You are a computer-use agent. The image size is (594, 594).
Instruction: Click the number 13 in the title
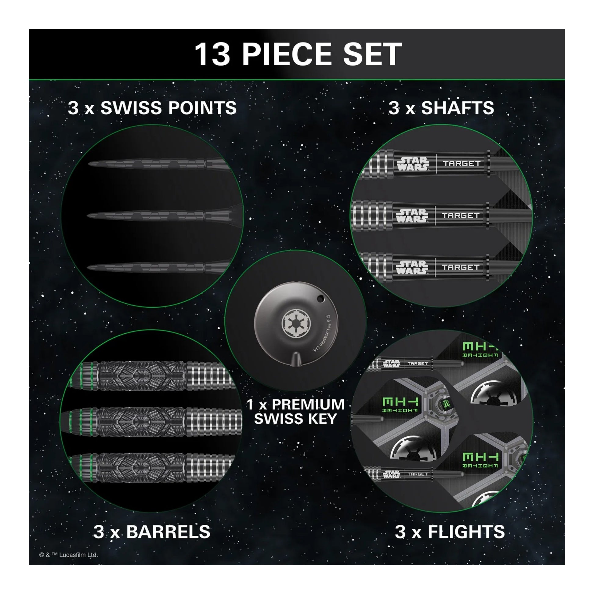(x=212, y=54)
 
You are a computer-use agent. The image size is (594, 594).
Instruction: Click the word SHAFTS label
(x=457, y=108)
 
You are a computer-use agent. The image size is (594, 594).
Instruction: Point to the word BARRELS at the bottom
(x=168, y=532)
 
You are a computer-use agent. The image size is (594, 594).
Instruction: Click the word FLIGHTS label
(x=466, y=532)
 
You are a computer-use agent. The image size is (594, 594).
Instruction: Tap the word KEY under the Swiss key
(x=320, y=418)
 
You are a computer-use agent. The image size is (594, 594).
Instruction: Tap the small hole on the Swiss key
(x=321, y=298)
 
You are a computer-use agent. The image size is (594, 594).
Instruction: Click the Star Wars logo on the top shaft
(x=413, y=164)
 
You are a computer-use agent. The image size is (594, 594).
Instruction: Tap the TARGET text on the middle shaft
(x=461, y=216)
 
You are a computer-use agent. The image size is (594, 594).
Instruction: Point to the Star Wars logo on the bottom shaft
(x=412, y=267)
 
